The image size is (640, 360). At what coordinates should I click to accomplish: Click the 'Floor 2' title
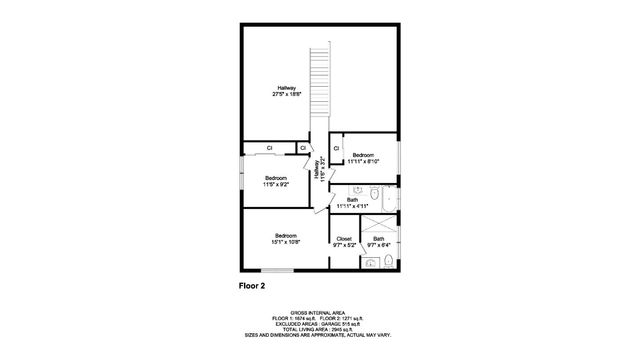click(x=251, y=286)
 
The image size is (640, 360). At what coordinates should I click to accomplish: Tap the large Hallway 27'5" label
click(x=287, y=91)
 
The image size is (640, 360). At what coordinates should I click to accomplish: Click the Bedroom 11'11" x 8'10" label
click(x=362, y=157)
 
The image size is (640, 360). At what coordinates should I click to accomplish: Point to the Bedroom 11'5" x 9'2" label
click(x=276, y=181)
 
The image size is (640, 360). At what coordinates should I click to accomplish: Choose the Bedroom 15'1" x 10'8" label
click(x=287, y=239)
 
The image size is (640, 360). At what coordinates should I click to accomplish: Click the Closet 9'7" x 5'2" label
click(x=344, y=241)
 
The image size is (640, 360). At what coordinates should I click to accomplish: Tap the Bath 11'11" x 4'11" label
click(x=352, y=203)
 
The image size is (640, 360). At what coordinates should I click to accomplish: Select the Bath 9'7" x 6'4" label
click(x=378, y=241)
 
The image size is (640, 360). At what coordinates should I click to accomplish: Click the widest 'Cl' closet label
click(x=270, y=149)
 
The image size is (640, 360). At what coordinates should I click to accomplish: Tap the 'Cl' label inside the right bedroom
click(x=336, y=149)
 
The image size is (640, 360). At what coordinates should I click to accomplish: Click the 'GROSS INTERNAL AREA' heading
click(x=319, y=312)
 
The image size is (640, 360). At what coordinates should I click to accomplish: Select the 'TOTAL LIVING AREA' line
click(x=319, y=328)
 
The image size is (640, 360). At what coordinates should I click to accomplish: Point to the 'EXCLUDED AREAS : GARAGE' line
click(x=319, y=323)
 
